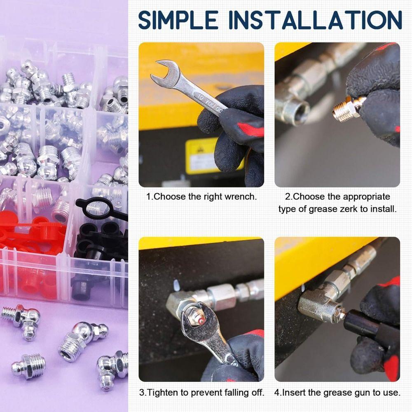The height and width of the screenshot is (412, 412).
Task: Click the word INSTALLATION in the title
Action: (315, 19)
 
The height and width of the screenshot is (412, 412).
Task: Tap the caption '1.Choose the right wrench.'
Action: (201, 197)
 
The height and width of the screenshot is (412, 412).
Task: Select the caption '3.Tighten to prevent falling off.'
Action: (201, 393)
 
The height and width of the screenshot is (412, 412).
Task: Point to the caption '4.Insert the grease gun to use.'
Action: (337, 393)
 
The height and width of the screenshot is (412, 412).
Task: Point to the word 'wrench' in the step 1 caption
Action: (241, 197)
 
